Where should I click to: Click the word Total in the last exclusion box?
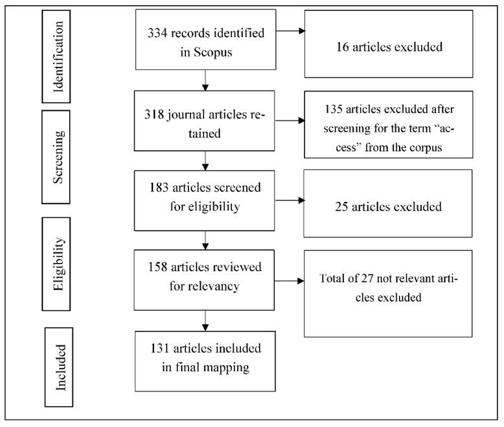(x=334, y=278)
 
